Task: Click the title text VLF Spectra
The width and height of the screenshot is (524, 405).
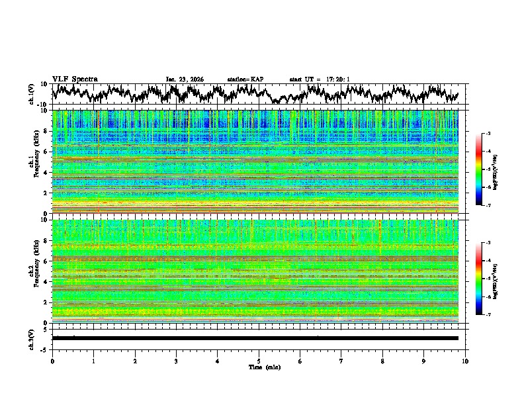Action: click(75, 79)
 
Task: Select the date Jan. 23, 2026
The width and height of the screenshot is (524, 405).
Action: click(185, 79)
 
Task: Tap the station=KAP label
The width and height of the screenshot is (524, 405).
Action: click(245, 79)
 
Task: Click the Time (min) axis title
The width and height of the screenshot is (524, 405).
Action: click(259, 367)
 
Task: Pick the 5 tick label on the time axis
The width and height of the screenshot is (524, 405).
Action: click(259, 361)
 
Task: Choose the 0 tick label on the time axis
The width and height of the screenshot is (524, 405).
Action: click(52, 361)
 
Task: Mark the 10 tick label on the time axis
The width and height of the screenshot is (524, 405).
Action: click(465, 361)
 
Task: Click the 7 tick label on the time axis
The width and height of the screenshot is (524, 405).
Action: click(341, 361)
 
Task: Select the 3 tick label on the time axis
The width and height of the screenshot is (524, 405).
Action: click(176, 361)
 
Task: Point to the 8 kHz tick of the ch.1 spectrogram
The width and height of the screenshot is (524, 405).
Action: click(46, 131)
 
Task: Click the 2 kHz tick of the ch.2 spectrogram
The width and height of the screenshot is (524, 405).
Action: click(46, 302)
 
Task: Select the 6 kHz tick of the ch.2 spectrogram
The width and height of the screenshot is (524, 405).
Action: click(46, 261)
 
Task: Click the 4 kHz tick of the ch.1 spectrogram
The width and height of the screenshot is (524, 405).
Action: click(46, 173)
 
